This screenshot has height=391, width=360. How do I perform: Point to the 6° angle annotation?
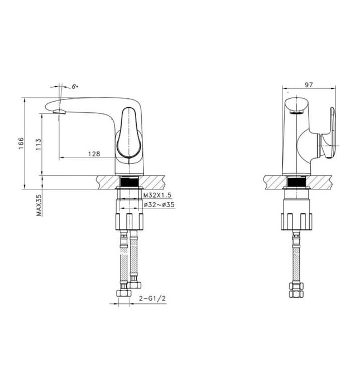click(x=74, y=87)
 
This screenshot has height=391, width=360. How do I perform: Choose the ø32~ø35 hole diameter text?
click(x=159, y=206)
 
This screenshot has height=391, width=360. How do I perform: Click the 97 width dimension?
click(x=309, y=84)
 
